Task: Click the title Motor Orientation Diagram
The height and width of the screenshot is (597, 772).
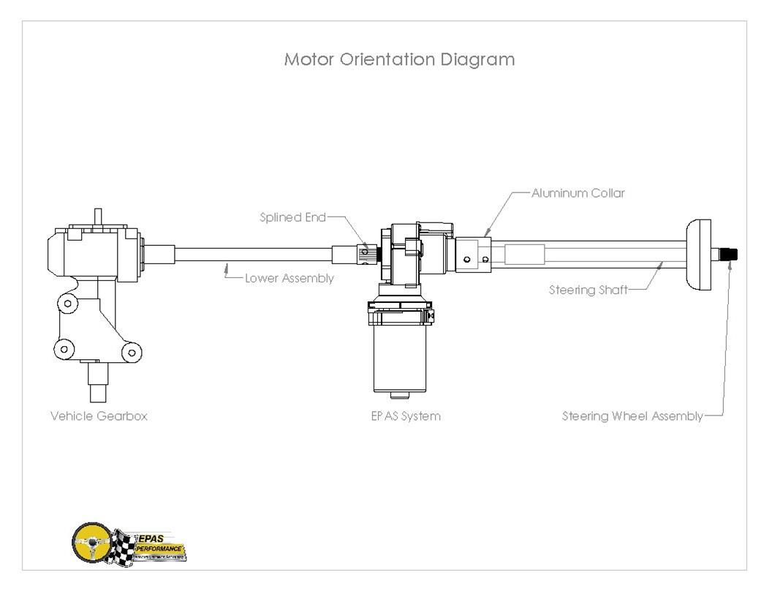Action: coord(399,60)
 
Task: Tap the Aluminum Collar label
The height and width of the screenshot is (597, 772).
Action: coord(578,194)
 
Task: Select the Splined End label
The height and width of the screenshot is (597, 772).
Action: coord(292,217)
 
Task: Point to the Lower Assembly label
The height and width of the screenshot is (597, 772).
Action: coord(289,278)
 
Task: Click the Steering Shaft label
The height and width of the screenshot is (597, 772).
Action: coord(588,290)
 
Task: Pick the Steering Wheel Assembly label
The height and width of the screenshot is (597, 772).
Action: coord(632,416)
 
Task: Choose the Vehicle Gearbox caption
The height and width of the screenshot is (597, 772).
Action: coord(99,416)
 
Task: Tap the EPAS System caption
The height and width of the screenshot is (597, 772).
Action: coord(406,416)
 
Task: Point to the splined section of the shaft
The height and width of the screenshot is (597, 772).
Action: coord(369,254)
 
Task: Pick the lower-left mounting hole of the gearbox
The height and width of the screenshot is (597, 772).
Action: coord(64,348)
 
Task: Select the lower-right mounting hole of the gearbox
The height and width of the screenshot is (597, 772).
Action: coord(132,352)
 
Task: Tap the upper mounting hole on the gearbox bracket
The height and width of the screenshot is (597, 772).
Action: coord(67,303)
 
